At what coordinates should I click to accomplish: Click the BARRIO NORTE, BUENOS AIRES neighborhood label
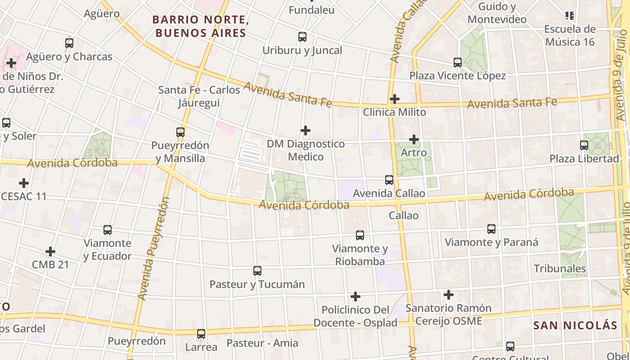click(201, 26)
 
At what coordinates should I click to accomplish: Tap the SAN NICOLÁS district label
click(575, 325)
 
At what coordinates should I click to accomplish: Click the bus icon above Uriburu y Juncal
click(302, 37)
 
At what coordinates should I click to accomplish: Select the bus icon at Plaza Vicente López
click(458, 63)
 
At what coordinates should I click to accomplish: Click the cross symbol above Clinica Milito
click(395, 99)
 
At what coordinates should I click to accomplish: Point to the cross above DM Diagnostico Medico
click(306, 130)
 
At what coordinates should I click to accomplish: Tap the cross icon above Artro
click(414, 139)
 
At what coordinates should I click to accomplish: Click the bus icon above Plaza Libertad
click(584, 145)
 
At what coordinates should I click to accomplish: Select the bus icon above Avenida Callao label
click(389, 180)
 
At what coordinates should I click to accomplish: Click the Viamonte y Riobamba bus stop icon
click(360, 235)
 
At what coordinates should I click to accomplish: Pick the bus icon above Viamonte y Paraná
click(491, 229)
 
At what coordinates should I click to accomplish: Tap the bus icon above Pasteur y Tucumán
click(257, 271)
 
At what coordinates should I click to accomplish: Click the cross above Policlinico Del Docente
click(355, 297)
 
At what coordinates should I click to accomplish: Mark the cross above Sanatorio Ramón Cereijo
click(449, 295)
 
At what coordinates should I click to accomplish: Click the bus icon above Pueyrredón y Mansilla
click(180, 132)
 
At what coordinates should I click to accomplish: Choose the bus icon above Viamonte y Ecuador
click(108, 230)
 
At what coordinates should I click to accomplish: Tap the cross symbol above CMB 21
click(50, 251)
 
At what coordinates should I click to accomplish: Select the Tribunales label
click(560, 269)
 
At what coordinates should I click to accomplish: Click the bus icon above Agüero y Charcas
click(69, 43)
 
